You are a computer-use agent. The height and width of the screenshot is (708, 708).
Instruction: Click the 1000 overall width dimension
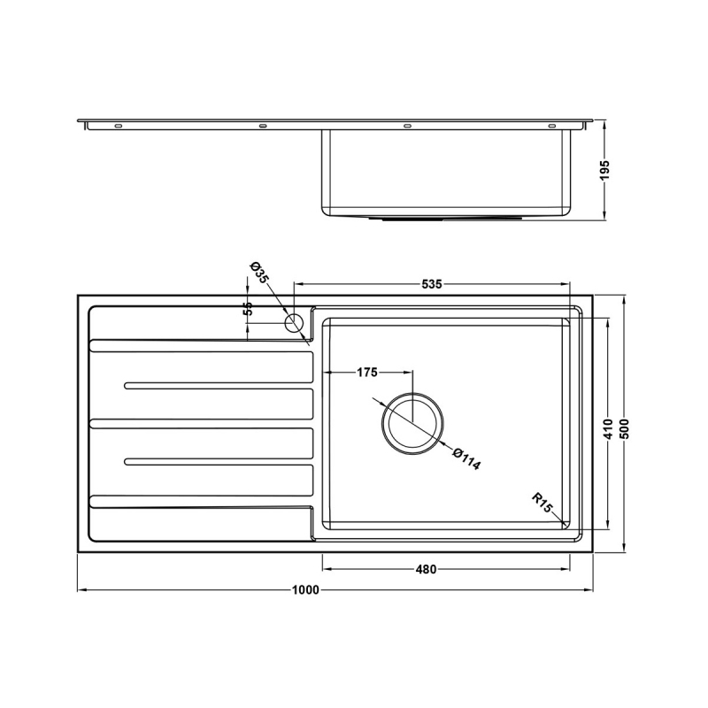307,590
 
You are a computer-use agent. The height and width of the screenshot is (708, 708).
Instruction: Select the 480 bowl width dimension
427,569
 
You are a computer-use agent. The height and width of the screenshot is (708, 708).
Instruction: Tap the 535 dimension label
431,285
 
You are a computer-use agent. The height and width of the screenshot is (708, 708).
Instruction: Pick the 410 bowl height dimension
608,428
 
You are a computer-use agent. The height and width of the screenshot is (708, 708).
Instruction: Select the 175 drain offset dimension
367,373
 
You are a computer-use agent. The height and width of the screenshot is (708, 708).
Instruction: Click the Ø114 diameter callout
466,460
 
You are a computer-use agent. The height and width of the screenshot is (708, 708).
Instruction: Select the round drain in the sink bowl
413,422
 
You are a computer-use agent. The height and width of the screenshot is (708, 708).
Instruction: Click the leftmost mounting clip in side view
119,127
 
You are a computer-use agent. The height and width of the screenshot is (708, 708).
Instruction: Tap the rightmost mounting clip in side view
551,127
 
